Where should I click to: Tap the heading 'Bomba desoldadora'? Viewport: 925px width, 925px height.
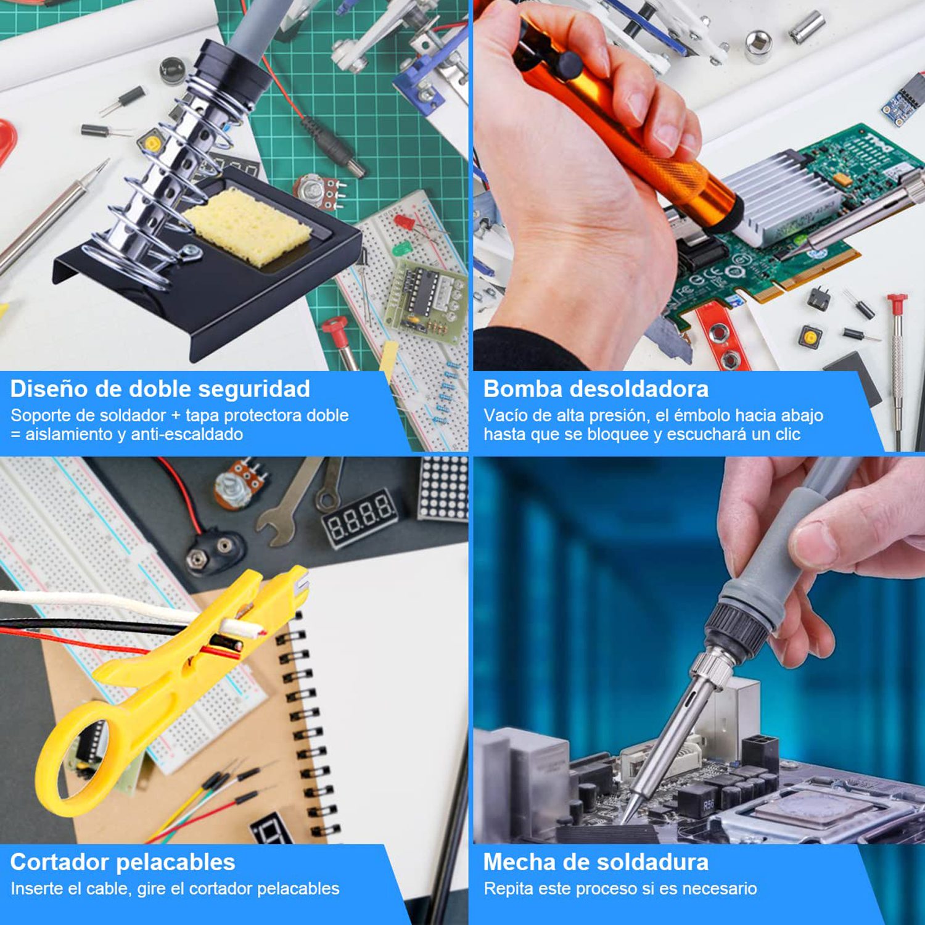[x=596, y=389]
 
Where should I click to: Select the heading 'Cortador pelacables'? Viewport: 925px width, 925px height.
[x=123, y=861]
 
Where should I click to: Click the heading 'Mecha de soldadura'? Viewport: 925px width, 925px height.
[x=596, y=861]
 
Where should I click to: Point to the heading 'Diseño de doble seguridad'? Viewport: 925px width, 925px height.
[x=160, y=389]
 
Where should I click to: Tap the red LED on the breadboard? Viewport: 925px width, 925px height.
[x=405, y=222]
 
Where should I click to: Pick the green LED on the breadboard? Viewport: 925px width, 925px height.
[x=402, y=248]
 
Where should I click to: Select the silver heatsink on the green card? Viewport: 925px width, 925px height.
[x=777, y=197]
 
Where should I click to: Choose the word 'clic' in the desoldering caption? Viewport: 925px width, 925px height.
[x=787, y=434]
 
